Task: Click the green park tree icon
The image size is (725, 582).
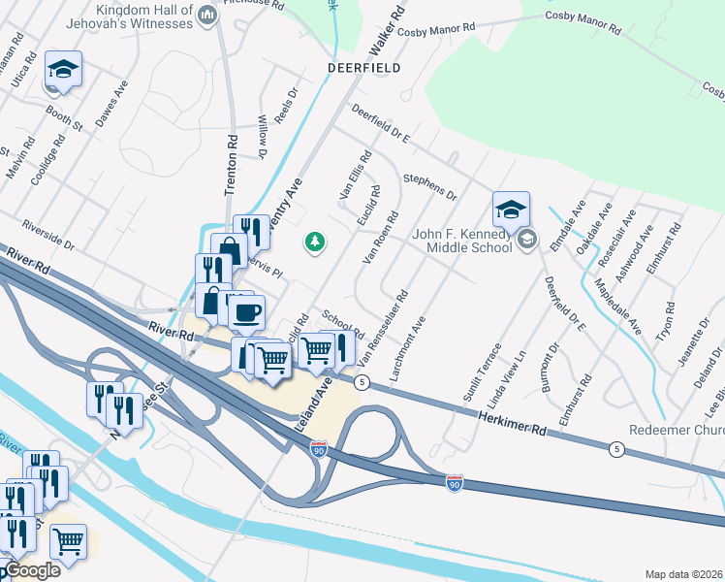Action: pos(314,241)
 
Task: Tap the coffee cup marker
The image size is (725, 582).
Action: pos(246,312)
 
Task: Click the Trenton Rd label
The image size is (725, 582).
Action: pos(233,166)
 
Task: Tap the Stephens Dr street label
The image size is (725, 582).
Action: pos(430,187)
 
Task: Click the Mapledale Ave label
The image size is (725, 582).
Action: pos(617,307)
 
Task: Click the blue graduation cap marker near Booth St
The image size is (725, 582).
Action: pos(63,69)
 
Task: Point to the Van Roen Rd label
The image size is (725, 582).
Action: pos(380,237)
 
